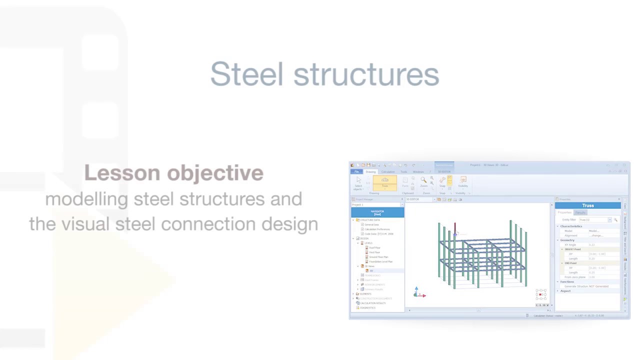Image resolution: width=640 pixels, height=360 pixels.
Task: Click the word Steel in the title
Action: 246,74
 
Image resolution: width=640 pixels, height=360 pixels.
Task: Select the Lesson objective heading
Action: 173,173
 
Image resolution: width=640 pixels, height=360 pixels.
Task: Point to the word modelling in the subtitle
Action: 86,199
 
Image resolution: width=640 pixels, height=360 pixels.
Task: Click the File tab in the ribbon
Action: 356,171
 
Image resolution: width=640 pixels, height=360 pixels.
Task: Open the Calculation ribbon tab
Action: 387,171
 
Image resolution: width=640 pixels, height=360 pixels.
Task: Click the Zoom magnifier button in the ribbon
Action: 423,181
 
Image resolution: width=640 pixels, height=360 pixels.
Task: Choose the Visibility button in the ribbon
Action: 462,181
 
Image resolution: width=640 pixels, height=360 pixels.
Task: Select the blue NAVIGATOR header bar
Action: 377,212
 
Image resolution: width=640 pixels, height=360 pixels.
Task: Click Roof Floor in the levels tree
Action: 374,247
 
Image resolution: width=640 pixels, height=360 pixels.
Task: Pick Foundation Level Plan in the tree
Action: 380,261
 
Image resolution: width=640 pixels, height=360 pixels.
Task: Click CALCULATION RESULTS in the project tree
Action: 372,303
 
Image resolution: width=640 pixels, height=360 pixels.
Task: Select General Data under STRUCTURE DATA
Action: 371,224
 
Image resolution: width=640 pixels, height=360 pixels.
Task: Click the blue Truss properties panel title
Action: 587,205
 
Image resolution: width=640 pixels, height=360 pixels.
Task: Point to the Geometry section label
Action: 567,240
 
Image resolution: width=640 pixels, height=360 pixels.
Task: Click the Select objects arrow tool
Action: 358,181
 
